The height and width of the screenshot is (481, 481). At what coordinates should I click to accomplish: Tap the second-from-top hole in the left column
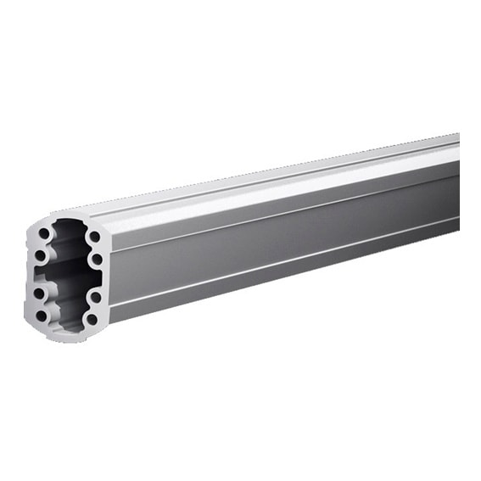coord(40,255)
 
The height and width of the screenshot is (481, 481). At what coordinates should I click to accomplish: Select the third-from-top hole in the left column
coord(39,293)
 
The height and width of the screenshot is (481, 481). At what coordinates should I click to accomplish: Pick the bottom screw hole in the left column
coord(41,316)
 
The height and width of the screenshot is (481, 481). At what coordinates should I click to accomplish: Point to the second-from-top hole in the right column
coord(97,259)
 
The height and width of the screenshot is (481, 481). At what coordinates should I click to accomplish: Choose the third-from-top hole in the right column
coord(95,297)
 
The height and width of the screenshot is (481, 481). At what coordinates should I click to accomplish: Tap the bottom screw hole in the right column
coord(92,320)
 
